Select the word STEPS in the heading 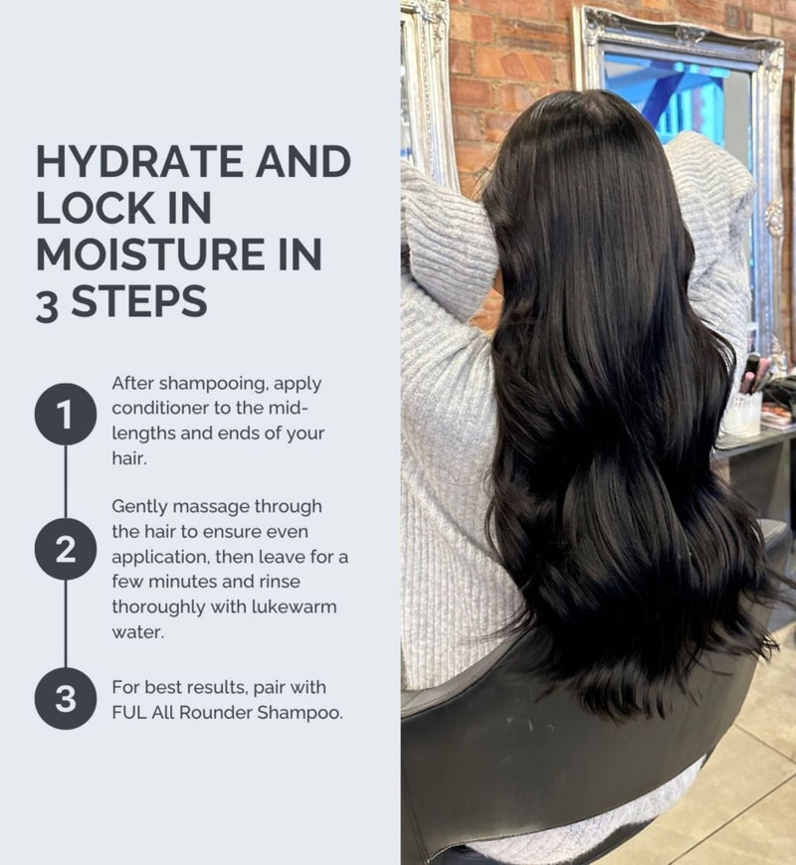[139, 301]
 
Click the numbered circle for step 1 [66, 415]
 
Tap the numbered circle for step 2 [66, 550]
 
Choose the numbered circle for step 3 [66, 699]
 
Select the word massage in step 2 [213, 507]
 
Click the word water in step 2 [138, 632]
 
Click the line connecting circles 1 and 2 [66, 482]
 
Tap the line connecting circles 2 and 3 [66, 624]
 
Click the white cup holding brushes [742, 414]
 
